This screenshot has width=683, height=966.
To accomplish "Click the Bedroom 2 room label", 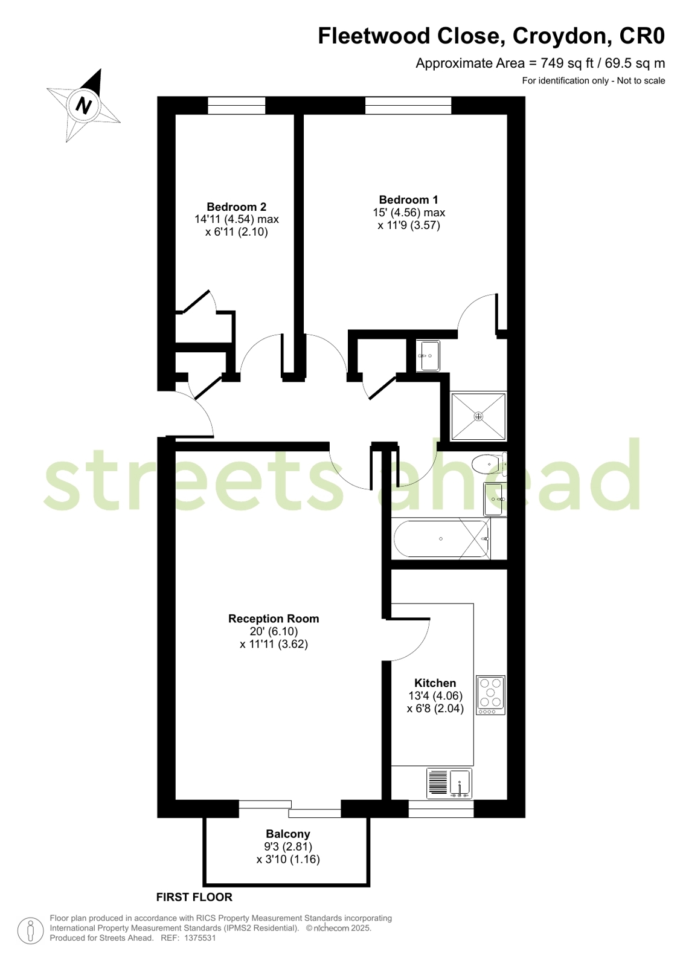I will [x=236, y=207].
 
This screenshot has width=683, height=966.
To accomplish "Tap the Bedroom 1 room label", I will [x=408, y=199].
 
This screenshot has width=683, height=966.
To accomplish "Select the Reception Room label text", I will [x=274, y=619].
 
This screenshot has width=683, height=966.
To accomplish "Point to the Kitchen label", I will [x=435, y=683].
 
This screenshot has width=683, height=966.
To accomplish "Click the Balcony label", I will [x=288, y=834].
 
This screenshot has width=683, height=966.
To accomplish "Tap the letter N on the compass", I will [x=83, y=106].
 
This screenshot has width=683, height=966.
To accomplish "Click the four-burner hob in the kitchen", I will [x=490, y=695].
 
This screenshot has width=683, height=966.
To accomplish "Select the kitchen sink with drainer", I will [x=449, y=783].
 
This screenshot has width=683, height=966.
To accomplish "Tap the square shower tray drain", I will [x=479, y=416].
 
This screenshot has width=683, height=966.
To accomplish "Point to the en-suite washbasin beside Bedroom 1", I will [x=429, y=356].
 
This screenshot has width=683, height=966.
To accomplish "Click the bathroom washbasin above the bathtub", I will [x=494, y=499].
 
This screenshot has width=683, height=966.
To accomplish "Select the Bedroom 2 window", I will [x=236, y=105].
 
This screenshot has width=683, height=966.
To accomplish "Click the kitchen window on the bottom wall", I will [x=441, y=809].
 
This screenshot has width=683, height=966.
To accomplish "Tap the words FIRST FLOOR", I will [x=194, y=897].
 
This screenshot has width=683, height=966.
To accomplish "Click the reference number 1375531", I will [x=200, y=938].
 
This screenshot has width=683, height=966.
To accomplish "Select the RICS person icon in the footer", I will [x=30, y=930].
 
